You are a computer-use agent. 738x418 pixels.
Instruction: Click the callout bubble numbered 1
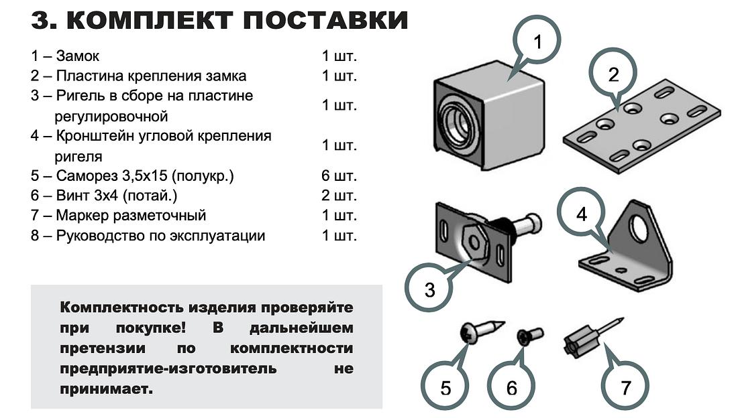537,42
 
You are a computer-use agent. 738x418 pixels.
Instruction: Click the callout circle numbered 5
445,388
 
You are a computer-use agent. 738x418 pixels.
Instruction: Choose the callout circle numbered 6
512,388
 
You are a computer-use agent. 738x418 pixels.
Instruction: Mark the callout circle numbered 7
625,387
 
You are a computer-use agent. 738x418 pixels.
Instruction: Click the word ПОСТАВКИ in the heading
325,20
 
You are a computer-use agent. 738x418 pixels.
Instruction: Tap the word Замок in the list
78,56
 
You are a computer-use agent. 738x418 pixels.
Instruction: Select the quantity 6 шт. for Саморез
339,176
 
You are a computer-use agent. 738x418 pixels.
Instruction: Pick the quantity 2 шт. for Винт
339,196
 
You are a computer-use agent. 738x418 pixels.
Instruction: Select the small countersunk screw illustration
530,335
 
